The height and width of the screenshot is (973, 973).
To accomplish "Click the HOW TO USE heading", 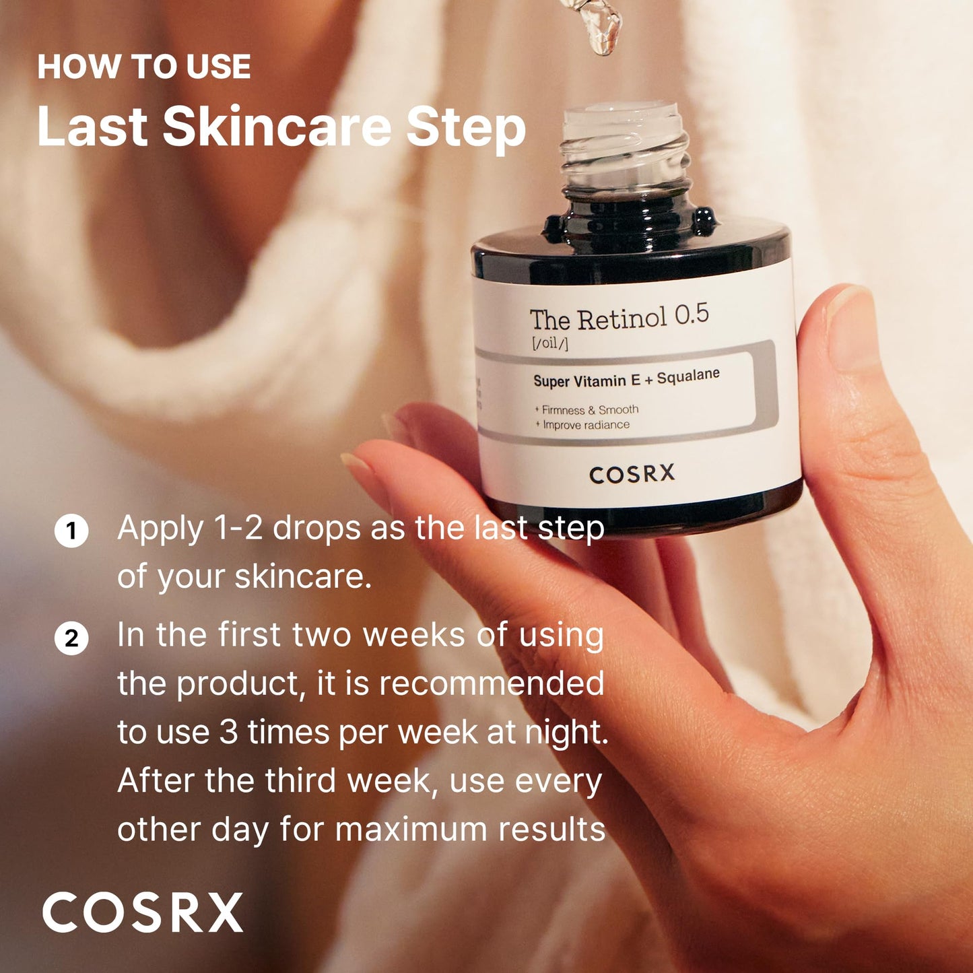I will (144, 67).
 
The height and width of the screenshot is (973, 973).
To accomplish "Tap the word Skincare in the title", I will (277, 127).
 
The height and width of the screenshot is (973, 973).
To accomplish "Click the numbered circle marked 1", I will (71, 531).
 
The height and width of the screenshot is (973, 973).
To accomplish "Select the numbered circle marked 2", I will (71, 638).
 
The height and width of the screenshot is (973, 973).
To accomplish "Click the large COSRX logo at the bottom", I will (142, 913).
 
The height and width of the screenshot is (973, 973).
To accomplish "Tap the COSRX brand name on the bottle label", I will (632, 474).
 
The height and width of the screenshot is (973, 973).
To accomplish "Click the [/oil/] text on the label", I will (549, 343).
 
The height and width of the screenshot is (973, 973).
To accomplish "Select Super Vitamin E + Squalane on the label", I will (626, 378).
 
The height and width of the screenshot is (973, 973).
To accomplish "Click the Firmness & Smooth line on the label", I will (586, 409).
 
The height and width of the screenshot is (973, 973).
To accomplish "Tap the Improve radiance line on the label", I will (583, 425).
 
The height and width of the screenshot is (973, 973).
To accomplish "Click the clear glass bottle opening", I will (622, 135).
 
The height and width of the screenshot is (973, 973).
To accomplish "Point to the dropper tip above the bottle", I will (603, 34).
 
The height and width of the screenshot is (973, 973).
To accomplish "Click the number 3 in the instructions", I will (229, 732).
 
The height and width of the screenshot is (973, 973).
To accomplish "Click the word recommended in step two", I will (491, 684).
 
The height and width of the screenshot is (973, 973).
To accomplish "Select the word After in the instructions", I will (156, 780).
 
